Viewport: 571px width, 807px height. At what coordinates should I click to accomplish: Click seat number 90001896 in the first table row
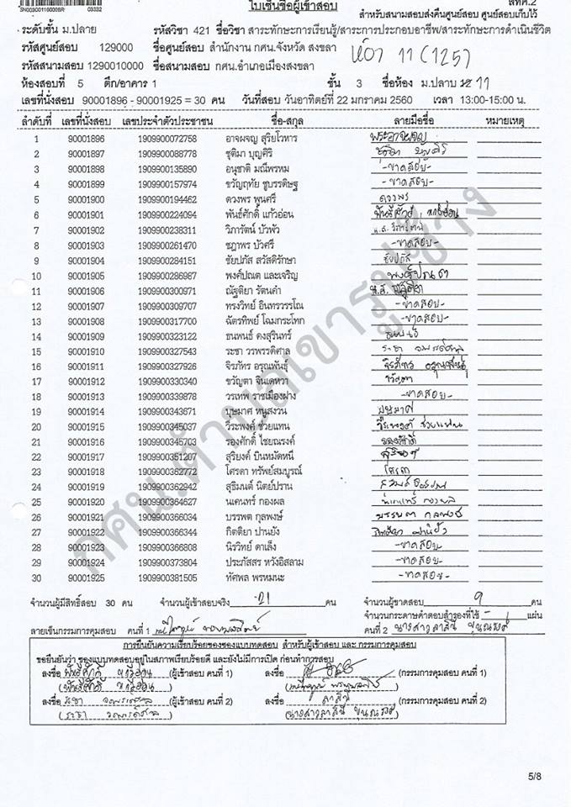click(x=87, y=138)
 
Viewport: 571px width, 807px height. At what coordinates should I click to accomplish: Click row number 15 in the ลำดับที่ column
click(x=36, y=351)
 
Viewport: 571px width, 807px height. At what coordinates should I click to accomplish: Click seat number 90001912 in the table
click(x=87, y=381)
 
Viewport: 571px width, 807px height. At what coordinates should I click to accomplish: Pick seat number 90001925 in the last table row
click(x=87, y=578)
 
